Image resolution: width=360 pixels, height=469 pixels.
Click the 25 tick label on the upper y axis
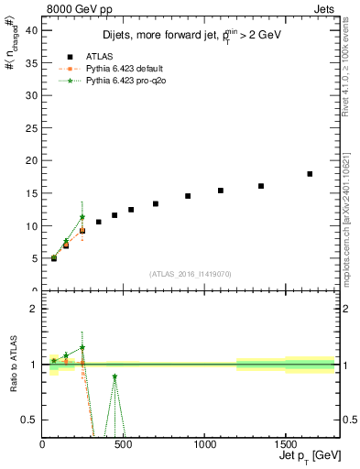(x=32, y=128)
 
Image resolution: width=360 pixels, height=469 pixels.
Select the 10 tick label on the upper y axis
(x=32, y=226)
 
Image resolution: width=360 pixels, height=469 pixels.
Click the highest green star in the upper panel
(x=82, y=217)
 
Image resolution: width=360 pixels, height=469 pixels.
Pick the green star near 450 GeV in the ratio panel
(x=115, y=376)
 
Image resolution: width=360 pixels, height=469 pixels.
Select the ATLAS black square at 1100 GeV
(x=221, y=191)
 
